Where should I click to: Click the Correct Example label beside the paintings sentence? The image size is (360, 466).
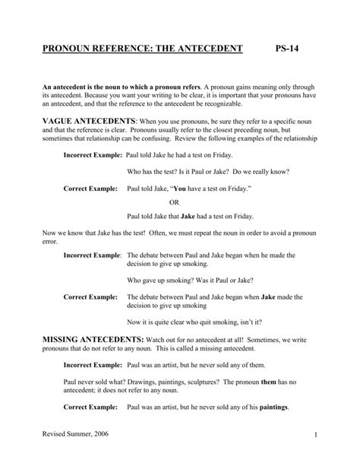90,407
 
